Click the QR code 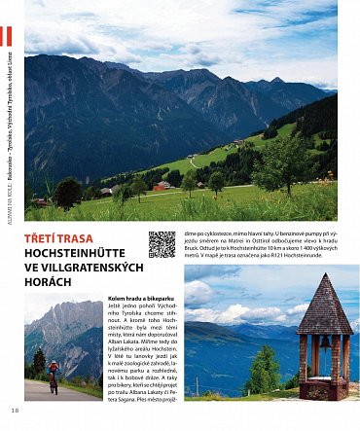[162, 244]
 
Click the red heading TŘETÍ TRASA [60, 238]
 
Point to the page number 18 [15, 410]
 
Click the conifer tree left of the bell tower [264, 371]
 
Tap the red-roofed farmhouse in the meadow [161, 185]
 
